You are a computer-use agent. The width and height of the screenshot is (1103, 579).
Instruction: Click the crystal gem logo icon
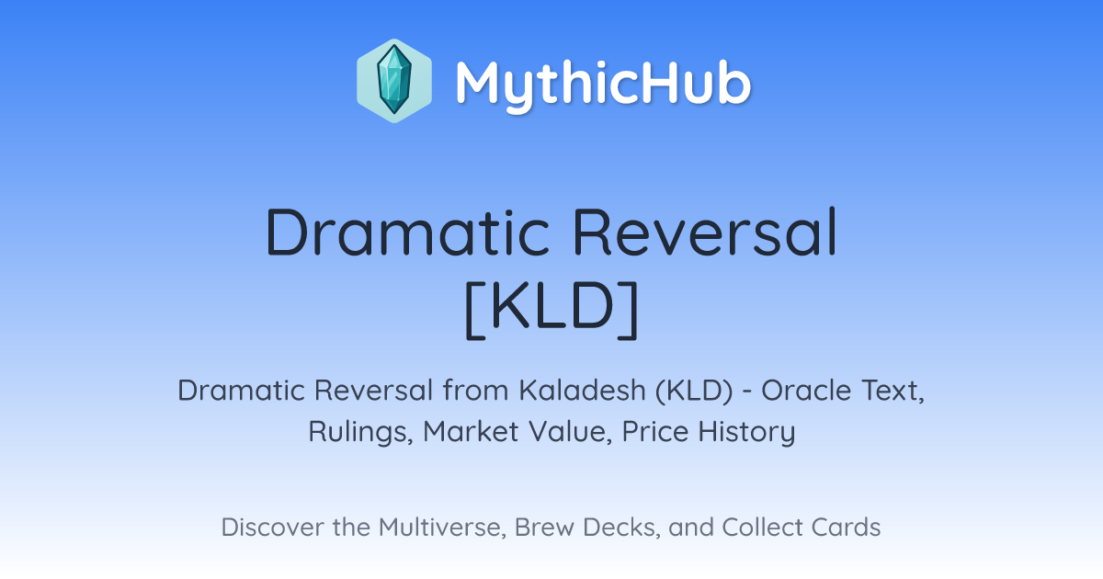point(394,81)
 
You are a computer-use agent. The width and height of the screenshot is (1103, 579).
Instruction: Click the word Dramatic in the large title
point(407,233)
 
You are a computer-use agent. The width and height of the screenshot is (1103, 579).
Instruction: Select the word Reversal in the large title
point(705,232)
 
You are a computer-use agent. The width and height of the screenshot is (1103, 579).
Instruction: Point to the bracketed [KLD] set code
point(551,310)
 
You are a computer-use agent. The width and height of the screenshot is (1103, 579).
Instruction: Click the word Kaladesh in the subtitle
point(583,391)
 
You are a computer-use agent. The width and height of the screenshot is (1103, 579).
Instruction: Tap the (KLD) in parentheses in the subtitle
point(694,391)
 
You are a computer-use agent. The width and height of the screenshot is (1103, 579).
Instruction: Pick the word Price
point(655,431)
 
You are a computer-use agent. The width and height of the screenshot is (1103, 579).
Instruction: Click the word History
point(746,432)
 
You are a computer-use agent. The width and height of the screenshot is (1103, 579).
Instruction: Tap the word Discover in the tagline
point(272,527)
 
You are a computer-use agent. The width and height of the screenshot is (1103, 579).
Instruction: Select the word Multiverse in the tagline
point(443,528)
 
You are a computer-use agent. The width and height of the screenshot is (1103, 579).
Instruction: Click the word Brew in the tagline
point(544,527)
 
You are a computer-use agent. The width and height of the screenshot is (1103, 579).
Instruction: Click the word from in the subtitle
point(476,391)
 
